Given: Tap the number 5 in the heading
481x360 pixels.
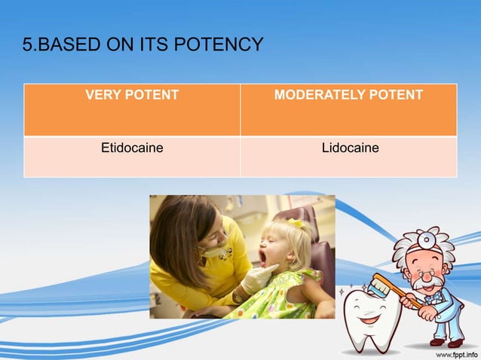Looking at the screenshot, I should [28, 45].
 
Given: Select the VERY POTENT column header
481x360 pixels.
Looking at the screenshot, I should [132, 95].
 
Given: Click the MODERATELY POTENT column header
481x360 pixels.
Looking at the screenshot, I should [348, 95].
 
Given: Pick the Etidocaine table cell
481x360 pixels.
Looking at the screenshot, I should [132, 148].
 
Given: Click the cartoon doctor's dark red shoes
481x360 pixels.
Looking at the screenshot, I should [445, 341].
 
